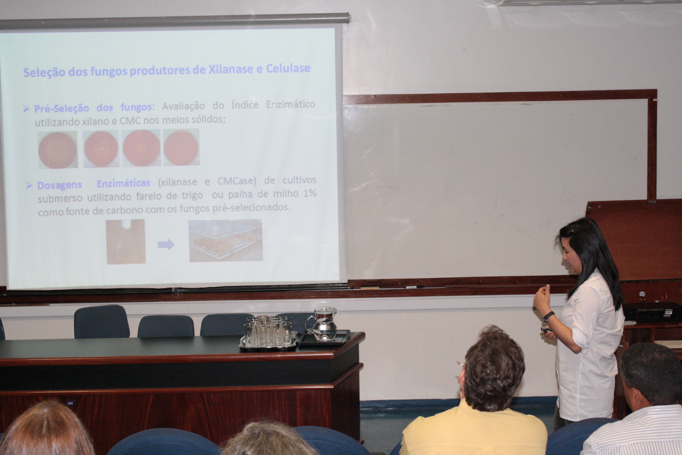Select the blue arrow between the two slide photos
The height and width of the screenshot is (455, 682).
coord(166,244)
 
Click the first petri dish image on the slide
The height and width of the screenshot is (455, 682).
coord(58,150)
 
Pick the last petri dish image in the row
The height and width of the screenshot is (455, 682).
coord(181,147)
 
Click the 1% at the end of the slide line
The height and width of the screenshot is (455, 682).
coord(310,193)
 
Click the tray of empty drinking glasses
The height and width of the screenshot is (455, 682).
coord(268,334)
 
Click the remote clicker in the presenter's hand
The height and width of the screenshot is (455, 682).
coord(546,329)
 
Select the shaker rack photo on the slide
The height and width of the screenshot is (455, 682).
coord(225,241)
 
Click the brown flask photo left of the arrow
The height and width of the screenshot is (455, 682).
coord(125,242)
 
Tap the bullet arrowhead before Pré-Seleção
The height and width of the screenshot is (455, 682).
coord(26,109)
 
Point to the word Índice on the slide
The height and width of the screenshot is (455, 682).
coord(245,105)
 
